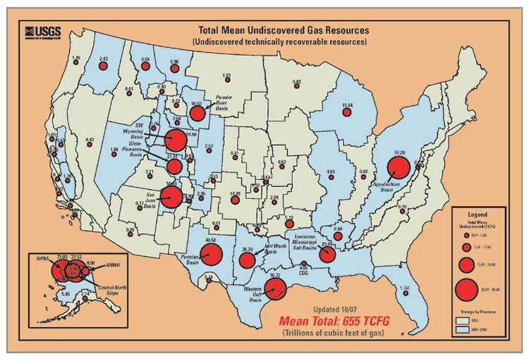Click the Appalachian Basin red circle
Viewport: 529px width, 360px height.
coord(399,168)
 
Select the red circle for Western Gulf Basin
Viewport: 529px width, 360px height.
coord(274,289)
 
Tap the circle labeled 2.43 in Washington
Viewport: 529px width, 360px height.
coord(103,65)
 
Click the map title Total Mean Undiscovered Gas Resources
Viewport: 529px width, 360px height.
coord(281,30)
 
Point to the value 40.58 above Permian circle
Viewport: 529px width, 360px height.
coord(209,241)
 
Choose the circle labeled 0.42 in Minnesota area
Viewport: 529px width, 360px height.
coord(297,88)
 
